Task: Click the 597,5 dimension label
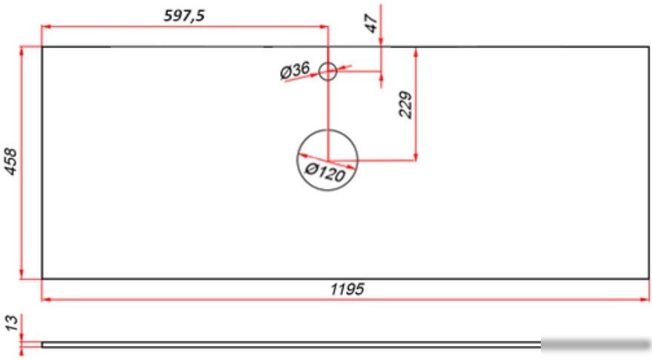[184, 16]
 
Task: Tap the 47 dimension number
[371, 23]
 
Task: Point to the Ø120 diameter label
[325, 172]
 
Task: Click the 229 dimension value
[405, 105]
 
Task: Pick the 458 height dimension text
[10, 161]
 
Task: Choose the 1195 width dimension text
[347, 289]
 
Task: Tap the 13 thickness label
[12, 323]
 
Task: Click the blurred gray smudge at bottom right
[596, 344]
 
